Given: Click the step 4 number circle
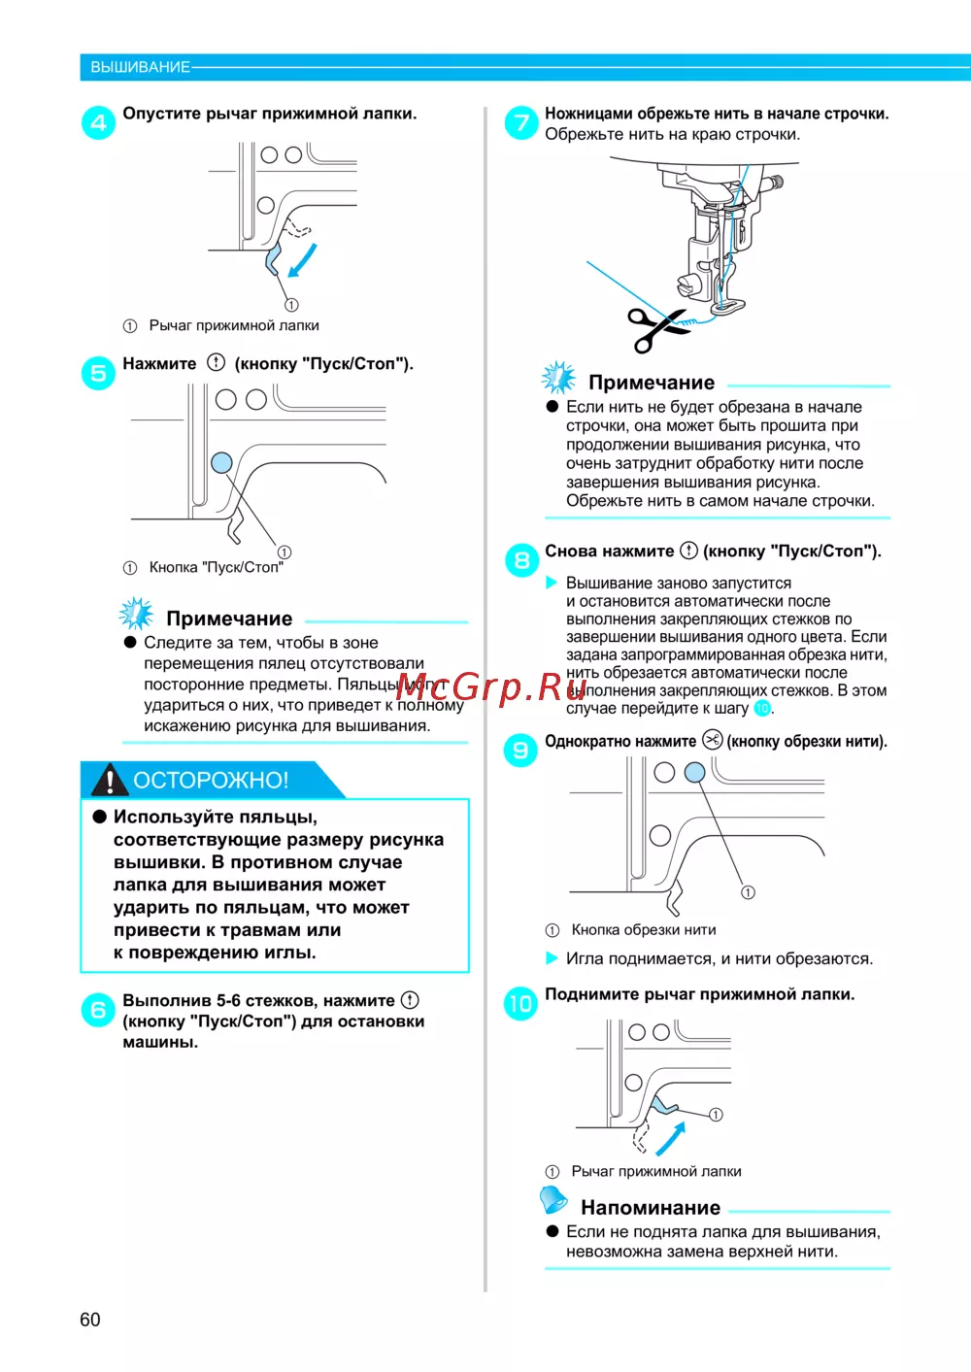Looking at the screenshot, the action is click(98, 122).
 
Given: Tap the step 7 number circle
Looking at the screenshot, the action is click(521, 122).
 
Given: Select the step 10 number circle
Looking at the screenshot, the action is click(520, 1003).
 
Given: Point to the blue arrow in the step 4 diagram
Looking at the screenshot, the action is click(303, 260).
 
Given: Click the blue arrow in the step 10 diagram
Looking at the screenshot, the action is click(670, 1139).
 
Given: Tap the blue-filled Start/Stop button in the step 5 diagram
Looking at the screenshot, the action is click(221, 462).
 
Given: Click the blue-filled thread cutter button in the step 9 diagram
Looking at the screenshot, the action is click(694, 772).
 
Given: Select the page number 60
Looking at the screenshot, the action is click(90, 1320).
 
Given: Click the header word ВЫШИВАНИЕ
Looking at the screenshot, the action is click(140, 67).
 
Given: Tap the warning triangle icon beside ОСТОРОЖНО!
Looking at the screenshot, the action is click(110, 779).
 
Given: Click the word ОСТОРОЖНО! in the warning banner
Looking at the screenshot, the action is click(211, 780).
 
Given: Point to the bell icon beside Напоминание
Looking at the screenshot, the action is click(553, 1200).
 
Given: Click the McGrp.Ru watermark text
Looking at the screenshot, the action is click(491, 687).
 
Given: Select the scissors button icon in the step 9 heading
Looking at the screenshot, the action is click(712, 740).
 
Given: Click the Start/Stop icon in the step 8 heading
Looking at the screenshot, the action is click(688, 551).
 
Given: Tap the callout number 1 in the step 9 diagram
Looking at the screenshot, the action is click(748, 892).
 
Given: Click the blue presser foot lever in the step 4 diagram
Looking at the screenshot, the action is click(273, 258).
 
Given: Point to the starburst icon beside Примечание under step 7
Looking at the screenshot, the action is click(558, 378).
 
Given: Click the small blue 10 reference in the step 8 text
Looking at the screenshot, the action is click(762, 709).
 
